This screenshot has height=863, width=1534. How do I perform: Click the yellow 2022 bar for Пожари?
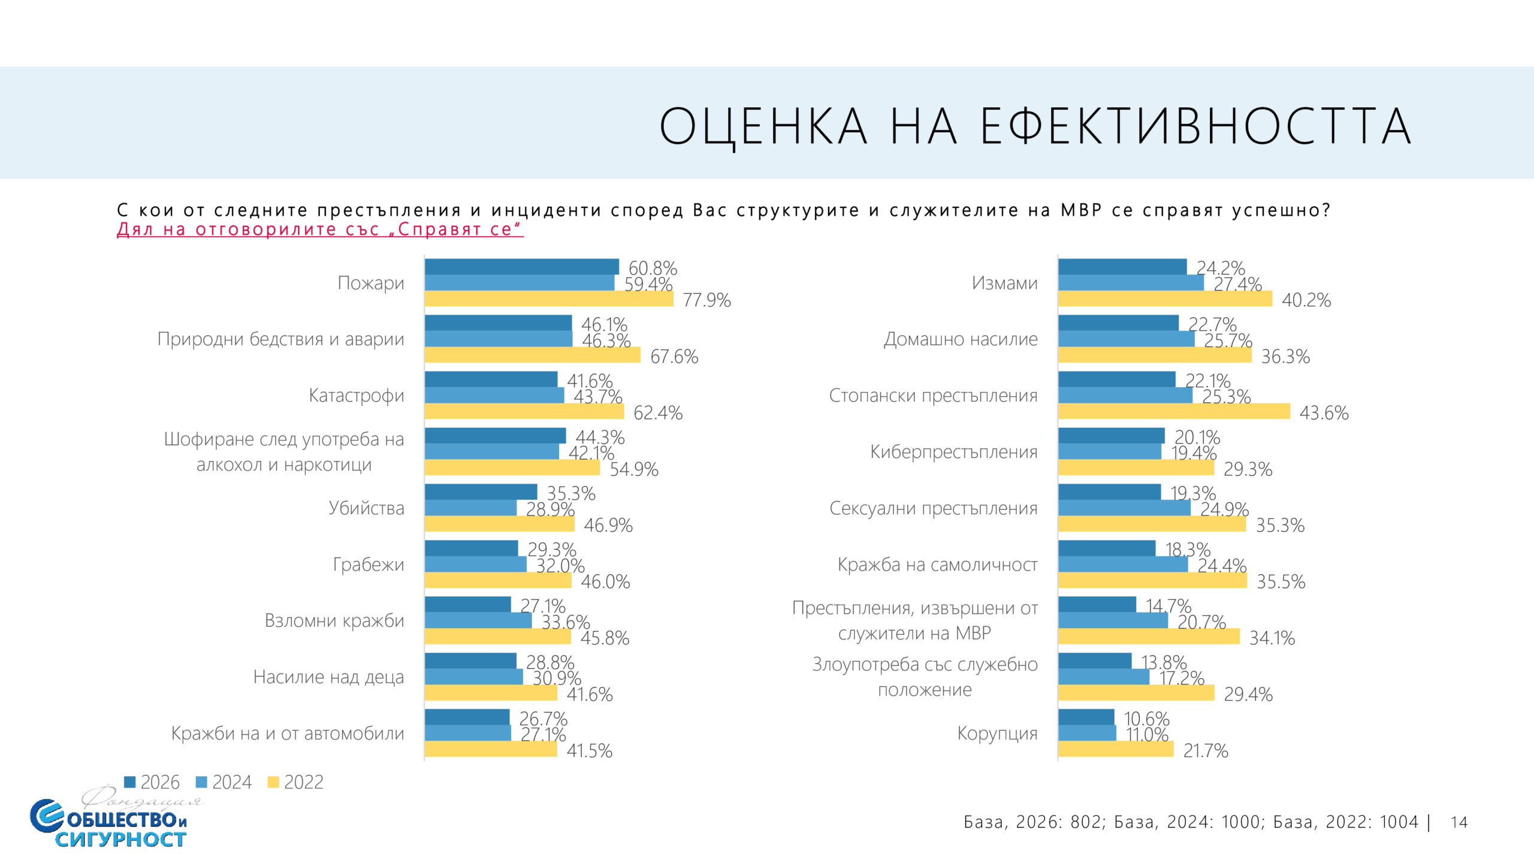click(x=548, y=298)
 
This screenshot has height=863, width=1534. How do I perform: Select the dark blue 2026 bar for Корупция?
click(x=1086, y=717)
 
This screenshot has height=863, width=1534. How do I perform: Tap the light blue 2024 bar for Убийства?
click(x=470, y=508)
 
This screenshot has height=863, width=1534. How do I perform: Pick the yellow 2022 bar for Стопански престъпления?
click(x=1173, y=411)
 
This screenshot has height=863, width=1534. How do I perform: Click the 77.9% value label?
click(x=706, y=300)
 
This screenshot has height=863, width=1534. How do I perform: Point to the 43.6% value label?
click(x=1324, y=413)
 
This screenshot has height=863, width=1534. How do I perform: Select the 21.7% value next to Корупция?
click(x=1205, y=750)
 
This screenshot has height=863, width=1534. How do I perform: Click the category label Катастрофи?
click(x=356, y=396)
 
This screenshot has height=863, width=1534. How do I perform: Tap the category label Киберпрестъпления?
click(x=953, y=452)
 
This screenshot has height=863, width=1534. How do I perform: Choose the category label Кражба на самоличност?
click(x=937, y=565)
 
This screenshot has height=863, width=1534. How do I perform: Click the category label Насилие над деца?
click(x=328, y=677)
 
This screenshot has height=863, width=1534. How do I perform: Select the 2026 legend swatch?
click(x=129, y=782)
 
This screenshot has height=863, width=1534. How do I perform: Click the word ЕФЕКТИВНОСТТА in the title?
click(x=1195, y=126)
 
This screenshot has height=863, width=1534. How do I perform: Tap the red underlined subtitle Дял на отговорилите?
click(x=320, y=230)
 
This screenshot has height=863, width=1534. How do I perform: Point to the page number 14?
click(x=1459, y=822)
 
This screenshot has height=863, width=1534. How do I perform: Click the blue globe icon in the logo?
click(x=47, y=816)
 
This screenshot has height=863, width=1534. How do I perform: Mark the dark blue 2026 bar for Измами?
click(x=1122, y=267)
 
